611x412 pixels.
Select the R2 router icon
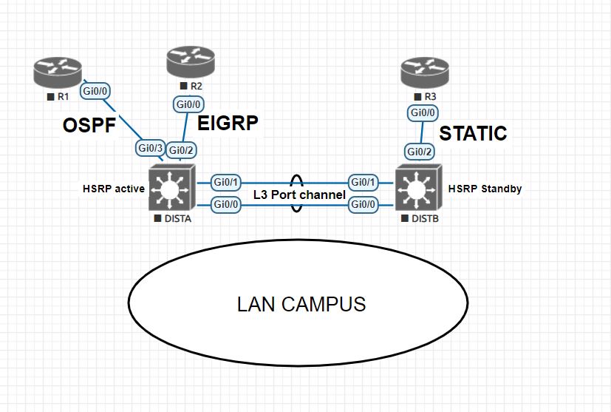[189, 61]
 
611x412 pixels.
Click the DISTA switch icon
[171, 189]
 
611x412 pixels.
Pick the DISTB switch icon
[417, 189]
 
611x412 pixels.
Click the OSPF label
[89, 126]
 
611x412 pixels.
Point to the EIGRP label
[228, 122]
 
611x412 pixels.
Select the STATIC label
[473, 133]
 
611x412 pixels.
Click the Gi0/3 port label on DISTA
[150, 148]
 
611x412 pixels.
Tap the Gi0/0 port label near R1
[96, 91]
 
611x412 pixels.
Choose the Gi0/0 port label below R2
[188, 104]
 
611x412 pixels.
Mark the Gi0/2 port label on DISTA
[181, 151]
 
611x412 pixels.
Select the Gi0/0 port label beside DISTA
[227, 204]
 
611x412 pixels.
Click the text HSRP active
[113, 189]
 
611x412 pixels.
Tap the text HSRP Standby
[485, 189]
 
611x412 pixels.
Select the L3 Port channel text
[299, 195]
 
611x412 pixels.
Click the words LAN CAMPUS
[301, 303]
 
